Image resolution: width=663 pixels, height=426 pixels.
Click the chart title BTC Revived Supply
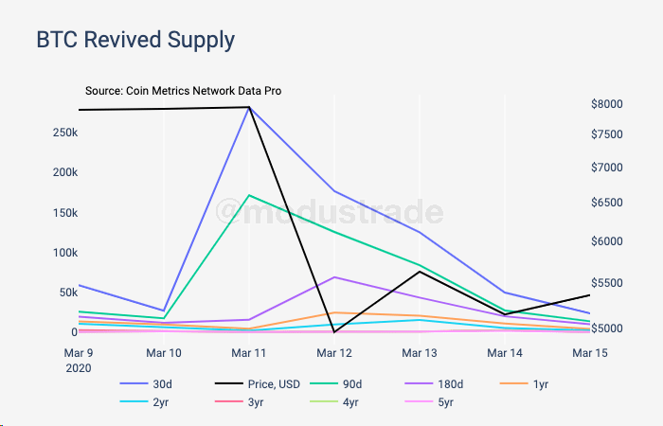[x=134, y=41]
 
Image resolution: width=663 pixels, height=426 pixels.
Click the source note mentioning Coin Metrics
[x=183, y=91]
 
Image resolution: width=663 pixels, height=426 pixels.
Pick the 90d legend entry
[x=368, y=384]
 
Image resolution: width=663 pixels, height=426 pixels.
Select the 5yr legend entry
[x=441, y=402]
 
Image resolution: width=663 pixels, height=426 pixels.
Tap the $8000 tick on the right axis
[x=606, y=104]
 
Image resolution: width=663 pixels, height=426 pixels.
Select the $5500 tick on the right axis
[x=606, y=283]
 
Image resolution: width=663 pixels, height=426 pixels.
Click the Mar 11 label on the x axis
[x=248, y=352]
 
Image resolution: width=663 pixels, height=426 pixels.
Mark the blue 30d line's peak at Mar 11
[x=249, y=108]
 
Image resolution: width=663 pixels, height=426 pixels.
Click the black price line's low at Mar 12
[x=333, y=332]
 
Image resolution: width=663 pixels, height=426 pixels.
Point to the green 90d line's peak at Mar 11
[x=249, y=195]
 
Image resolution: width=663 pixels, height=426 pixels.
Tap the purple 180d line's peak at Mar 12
[x=333, y=276]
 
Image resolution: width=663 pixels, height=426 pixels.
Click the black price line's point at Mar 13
[x=419, y=272]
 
